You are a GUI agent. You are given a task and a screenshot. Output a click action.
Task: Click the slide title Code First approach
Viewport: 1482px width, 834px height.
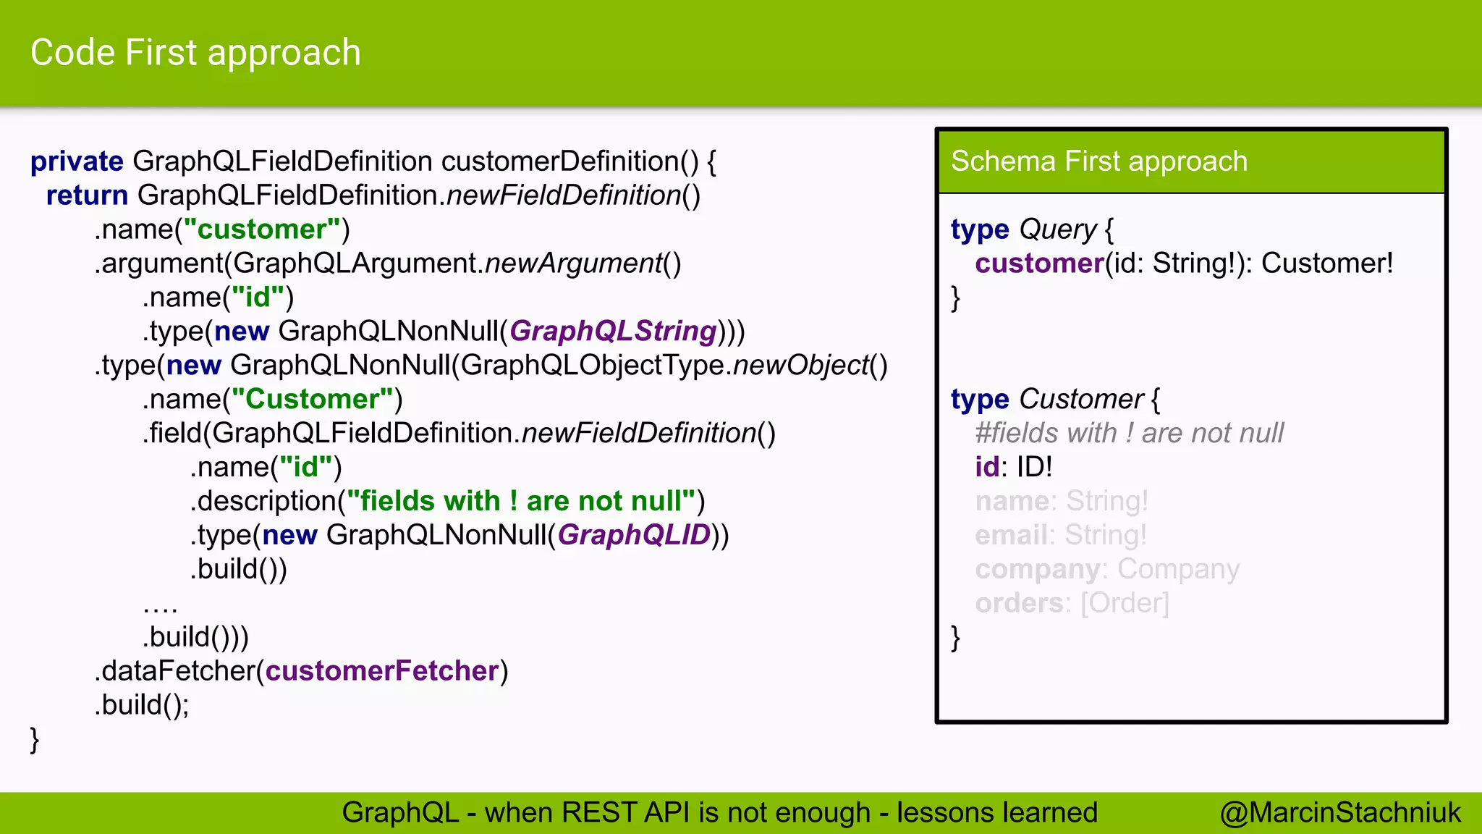[195, 53]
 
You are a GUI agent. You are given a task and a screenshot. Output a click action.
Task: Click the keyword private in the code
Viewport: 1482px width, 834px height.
[77, 161]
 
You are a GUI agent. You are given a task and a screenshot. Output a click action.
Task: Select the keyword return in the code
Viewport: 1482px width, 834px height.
[87, 195]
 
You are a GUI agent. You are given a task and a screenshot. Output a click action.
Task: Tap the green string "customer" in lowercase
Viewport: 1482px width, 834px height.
[261, 229]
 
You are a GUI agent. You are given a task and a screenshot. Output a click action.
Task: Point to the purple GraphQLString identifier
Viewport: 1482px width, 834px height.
[613, 331]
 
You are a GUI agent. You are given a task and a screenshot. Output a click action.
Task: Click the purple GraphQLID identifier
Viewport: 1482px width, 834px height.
[634, 535]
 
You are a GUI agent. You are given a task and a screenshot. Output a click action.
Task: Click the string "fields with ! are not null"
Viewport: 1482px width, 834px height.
[520, 501]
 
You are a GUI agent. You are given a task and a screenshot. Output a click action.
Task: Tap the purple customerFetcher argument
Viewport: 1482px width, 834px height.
[382, 671]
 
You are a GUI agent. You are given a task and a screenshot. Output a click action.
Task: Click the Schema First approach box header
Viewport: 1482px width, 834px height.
[1098, 161]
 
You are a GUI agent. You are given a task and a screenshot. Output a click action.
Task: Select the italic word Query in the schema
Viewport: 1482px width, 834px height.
[1058, 229]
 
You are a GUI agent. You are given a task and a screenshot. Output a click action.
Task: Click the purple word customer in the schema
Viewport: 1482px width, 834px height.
[1039, 264]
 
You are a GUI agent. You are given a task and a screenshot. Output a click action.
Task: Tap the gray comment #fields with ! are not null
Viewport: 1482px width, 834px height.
[1129, 433]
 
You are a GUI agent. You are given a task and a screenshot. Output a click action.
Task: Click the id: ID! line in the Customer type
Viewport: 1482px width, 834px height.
[1013, 467]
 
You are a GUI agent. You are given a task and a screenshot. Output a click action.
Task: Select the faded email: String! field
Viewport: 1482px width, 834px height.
[1060, 535]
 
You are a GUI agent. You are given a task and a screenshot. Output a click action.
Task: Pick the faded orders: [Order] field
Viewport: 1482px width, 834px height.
[1072, 603]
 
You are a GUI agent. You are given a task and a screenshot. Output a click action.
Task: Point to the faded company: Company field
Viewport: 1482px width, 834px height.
[1106, 569]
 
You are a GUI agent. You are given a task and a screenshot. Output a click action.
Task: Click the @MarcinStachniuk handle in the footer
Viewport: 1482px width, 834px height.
[1340, 812]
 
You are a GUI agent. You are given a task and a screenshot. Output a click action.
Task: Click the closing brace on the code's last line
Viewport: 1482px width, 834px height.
[34, 740]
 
